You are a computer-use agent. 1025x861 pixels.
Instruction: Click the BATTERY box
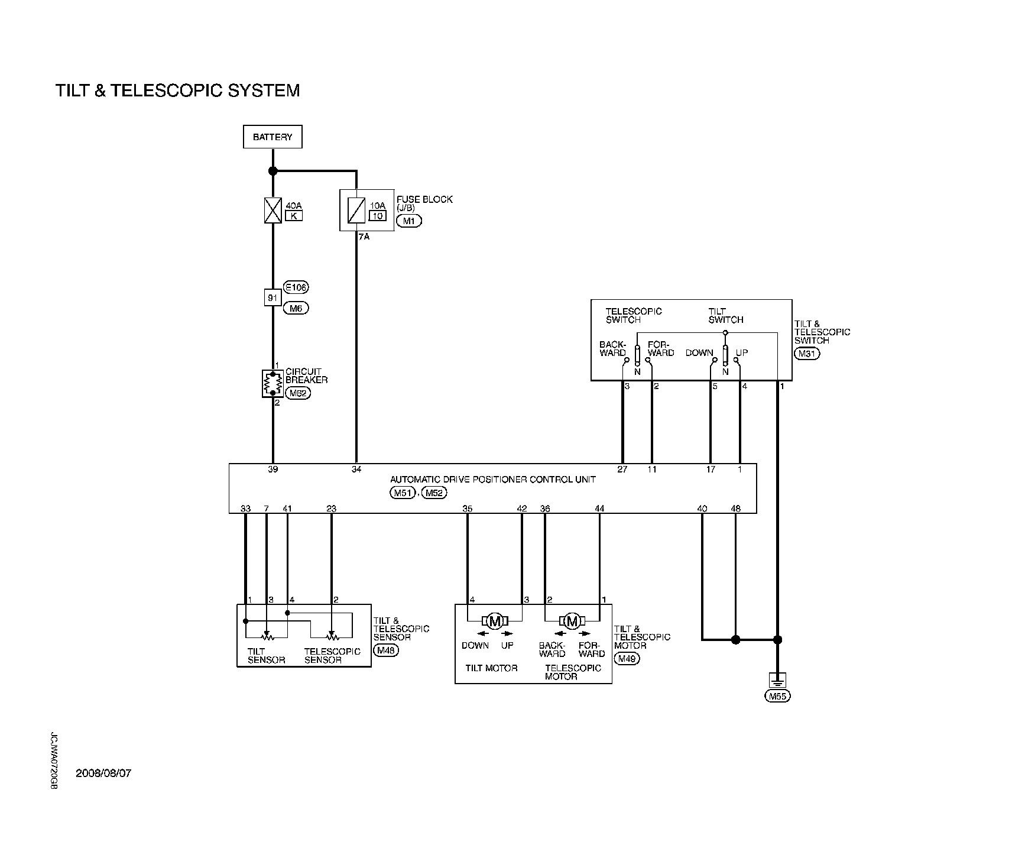click(x=273, y=137)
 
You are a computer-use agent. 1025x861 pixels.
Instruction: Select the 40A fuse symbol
click(x=273, y=211)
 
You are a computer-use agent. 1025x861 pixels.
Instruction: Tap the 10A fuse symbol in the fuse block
click(x=356, y=211)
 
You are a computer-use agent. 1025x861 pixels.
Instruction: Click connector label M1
click(x=409, y=221)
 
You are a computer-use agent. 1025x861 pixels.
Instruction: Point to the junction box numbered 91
click(x=273, y=297)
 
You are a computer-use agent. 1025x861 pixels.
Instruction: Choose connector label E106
click(x=296, y=287)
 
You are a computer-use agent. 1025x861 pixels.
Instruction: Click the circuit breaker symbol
click(x=273, y=383)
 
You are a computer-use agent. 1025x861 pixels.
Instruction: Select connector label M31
click(x=806, y=354)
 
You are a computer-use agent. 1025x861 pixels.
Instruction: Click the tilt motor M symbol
click(x=495, y=621)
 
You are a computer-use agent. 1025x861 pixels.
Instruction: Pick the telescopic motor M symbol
click(x=572, y=621)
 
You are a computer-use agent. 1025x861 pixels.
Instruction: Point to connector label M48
click(x=387, y=650)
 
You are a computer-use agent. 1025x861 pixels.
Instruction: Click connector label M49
click(x=627, y=659)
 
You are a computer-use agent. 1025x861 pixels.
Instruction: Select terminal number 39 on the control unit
click(x=273, y=470)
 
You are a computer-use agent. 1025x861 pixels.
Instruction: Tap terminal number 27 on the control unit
click(x=622, y=470)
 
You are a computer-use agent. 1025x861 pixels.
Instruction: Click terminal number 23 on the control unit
click(x=331, y=509)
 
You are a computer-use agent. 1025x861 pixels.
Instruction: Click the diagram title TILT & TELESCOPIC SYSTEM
click(x=177, y=90)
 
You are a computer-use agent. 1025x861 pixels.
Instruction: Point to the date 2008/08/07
click(x=103, y=773)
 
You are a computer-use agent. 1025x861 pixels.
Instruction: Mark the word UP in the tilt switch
click(x=742, y=352)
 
